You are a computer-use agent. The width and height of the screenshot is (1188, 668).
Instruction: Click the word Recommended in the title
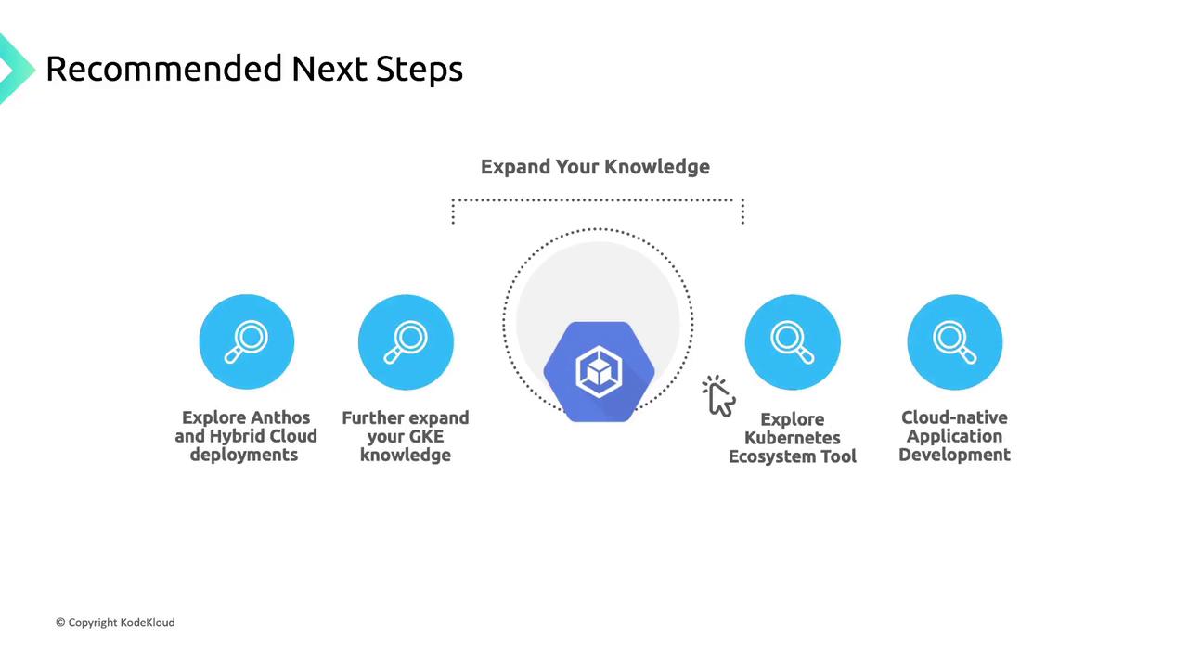pyautogui.click(x=164, y=69)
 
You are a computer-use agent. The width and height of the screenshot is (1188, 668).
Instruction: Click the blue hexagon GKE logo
pyautogui.click(x=599, y=372)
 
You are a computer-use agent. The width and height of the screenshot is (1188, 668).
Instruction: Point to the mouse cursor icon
pyautogui.click(x=719, y=396)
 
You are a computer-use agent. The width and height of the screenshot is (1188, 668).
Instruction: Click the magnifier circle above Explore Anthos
pyautogui.click(x=247, y=342)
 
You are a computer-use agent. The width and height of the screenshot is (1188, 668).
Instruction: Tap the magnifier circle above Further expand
pyautogui.click(x=406, y=342)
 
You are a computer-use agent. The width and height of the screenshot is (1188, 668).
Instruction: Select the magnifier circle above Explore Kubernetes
pyautogui.click(x=793, y=342)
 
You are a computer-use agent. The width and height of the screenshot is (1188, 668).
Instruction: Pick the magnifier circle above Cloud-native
pyautogui.click(x=955, y=342)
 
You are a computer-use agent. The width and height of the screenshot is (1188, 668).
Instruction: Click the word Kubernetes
pyautogui.click(x=793, y=438)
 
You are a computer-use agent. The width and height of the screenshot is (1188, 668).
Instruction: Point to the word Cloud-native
pyautogui.click(x=954, y=417)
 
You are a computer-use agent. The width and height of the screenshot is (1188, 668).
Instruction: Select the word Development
pyautogui.click(x=954, y=456)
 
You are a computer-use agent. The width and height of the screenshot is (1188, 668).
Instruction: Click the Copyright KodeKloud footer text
pyautogui.click(x=115, y=623)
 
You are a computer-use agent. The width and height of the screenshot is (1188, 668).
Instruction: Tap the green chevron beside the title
pyautogui.click(x=15, y=69)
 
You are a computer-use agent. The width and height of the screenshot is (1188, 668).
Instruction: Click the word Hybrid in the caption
pyautogui.click(x=233, y=437)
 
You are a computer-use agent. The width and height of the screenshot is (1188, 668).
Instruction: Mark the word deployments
pyautogui.click(x=244, y=456)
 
